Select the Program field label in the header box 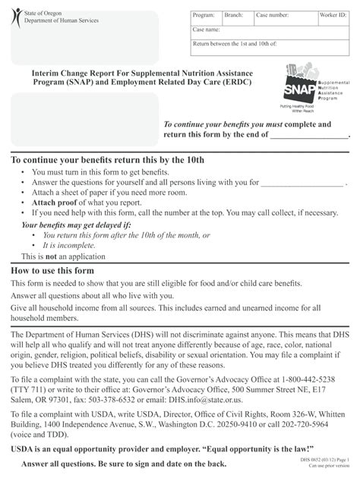pos(204,15)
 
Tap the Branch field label pos(233,15)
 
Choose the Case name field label pos(207,30)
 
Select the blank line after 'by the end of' pos(308,134)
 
